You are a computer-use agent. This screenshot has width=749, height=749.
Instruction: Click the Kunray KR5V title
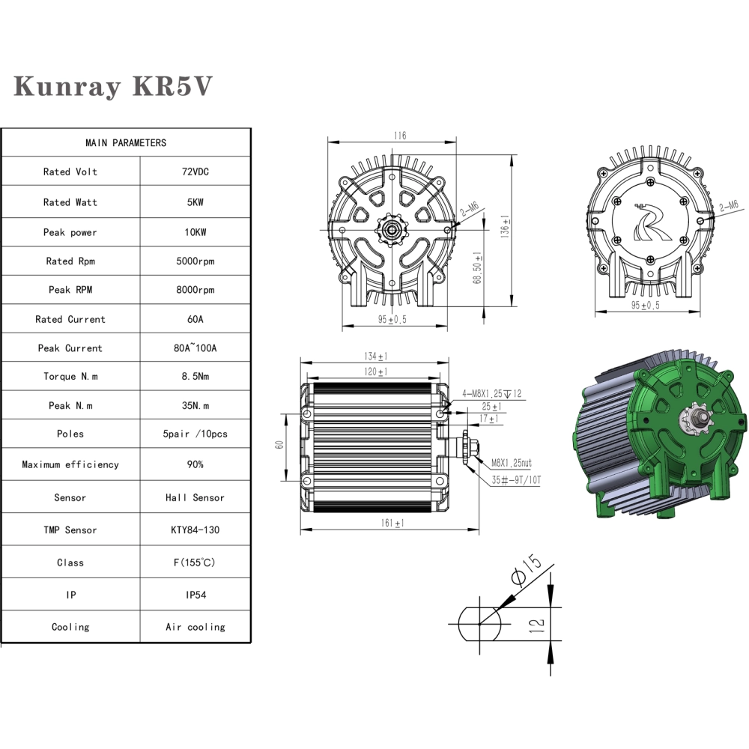[x=113, y=86]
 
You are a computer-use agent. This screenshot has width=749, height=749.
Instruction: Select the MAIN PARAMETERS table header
[x=126, y=142]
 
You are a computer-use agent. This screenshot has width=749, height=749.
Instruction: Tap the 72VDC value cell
[x=195, y=172]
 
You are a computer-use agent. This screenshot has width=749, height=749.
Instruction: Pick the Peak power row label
[x=70, y=232]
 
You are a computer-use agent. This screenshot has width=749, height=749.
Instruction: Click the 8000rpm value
[x=195, y=290]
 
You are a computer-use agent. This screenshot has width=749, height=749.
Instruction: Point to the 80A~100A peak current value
[x=195, y=348]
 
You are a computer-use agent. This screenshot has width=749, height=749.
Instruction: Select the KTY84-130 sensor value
[x=195, y=530]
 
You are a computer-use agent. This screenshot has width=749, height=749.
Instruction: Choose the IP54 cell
[x=195, y=595]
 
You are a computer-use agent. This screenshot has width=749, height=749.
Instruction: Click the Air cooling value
[x=195, y=627]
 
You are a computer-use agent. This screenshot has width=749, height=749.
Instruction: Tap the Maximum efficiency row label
[x=70, y=464]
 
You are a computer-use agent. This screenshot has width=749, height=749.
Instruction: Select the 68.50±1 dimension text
[x=477, y=267]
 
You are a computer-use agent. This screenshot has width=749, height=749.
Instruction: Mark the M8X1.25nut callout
[x=511, y=464]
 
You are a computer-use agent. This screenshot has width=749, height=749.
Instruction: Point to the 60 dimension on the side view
[x=279, y=444]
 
